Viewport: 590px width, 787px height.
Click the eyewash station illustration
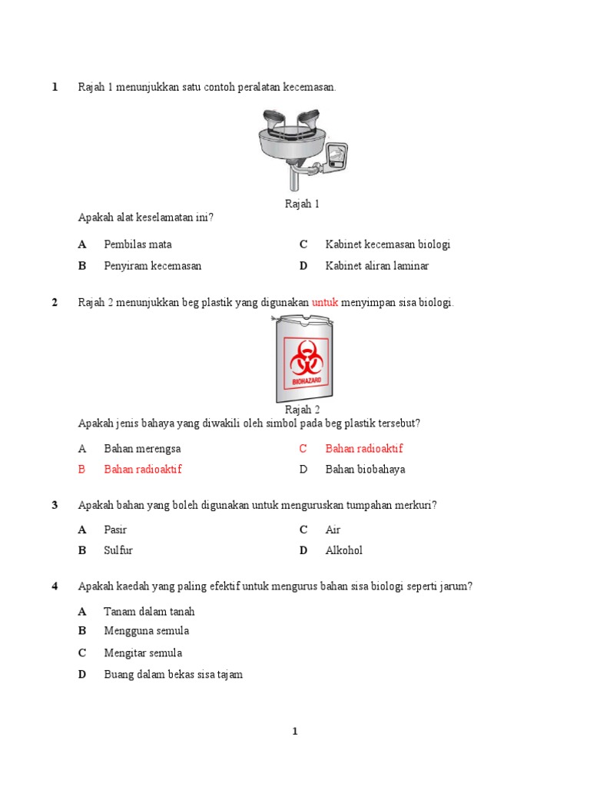click(x=302, y=150)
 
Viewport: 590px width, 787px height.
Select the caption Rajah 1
click(x=302, y=204)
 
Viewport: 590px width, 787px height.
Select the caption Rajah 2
click(x=302, y=410)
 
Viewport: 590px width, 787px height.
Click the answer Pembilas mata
click(x=138, y=244)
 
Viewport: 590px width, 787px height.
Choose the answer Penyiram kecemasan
click(x=152, y=266)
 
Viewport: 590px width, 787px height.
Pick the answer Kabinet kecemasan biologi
click(x=387, y=244)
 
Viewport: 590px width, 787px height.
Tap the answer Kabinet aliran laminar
click(x=376, y=266)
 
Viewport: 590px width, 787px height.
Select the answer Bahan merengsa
click(x=142, y=449)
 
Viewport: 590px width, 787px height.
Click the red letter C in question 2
click(x=303, y=449)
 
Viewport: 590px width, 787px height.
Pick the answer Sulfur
click(x=118, y=550)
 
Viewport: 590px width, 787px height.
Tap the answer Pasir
click(x=115, y=530)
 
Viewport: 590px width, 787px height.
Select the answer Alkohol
click(x=343, y=550)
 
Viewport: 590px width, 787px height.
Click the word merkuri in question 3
click(x=418, y=505)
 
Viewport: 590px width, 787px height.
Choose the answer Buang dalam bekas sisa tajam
click(x=173, y=675)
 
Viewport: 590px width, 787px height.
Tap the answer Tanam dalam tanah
click(x=149, y=612)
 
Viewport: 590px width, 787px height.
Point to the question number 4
click(x=55, y=586)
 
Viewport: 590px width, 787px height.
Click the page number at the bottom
click(x=295, y=732)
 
